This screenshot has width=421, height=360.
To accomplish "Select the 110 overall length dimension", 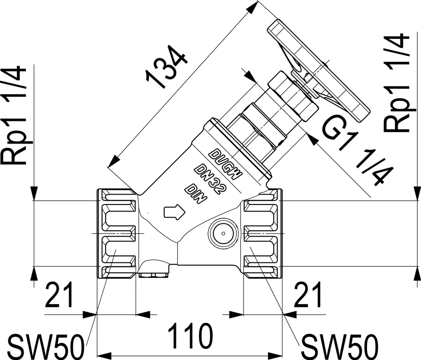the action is point(190,336).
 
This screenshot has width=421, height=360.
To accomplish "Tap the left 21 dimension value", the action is point(59,295).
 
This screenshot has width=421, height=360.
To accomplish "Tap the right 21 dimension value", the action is point(308,295).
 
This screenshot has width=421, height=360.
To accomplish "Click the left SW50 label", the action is point(45,346).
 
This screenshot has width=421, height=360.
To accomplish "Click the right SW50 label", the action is point(340,346).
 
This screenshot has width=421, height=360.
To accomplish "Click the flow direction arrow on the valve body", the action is point(174,212).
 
